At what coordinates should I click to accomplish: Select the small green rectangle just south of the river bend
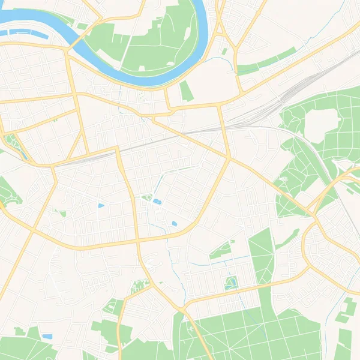pyautogui.click(x=187, y=91)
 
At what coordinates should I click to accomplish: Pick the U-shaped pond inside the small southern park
pyautogui.click(x=231, y=281)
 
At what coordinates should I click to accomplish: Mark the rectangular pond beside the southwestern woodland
pyautogui.click(x=47, y=337)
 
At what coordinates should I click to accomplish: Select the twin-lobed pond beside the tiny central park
pyautogui.click(x=156, y=202)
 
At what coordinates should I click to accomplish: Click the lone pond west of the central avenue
pyautogui.click(x=101, y=206)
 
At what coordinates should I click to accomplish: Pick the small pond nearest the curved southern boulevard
pyautogui.click(x=174, y=224)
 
